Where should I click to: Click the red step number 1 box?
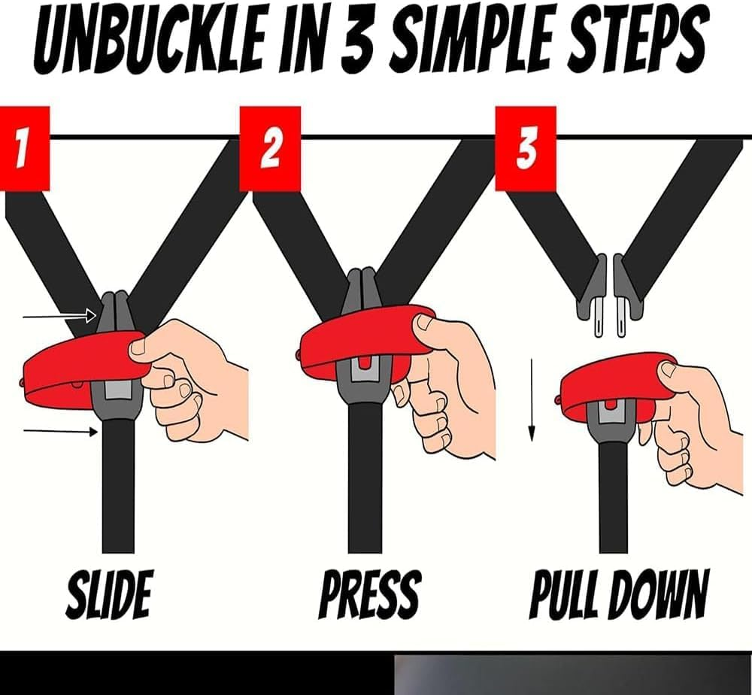25,148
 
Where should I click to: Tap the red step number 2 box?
270,148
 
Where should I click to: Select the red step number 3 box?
526,148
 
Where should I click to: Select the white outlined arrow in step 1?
60,316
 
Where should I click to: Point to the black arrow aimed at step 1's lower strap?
60,431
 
